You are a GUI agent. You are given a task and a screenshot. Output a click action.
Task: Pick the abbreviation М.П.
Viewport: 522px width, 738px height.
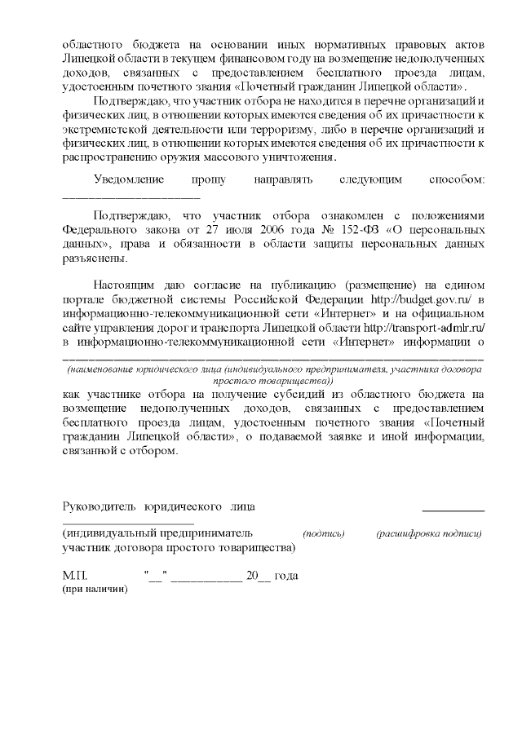click(x=73, y=576)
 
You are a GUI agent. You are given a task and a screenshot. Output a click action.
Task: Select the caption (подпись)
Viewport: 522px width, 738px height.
click(x=324, y=534)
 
